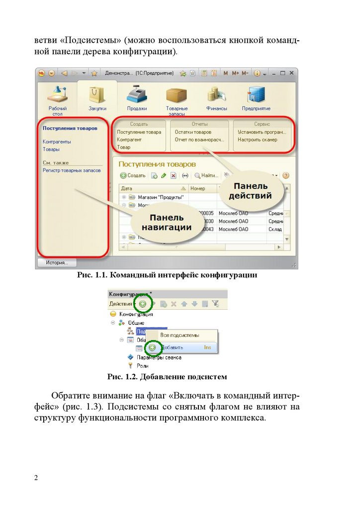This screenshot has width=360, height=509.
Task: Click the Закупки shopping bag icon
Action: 97,94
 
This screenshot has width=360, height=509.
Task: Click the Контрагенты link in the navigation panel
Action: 57,142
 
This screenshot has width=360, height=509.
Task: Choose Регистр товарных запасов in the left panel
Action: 72,170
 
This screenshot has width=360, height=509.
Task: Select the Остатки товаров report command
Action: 193,132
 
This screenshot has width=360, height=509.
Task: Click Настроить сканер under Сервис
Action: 257,140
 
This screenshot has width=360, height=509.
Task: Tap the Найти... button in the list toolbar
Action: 206,175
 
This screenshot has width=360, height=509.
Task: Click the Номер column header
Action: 198,188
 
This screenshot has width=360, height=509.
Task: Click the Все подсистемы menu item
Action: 179,335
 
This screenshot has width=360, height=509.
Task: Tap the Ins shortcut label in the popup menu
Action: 207,347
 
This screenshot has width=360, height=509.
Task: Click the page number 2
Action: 36,478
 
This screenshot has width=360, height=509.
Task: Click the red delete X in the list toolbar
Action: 173,175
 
